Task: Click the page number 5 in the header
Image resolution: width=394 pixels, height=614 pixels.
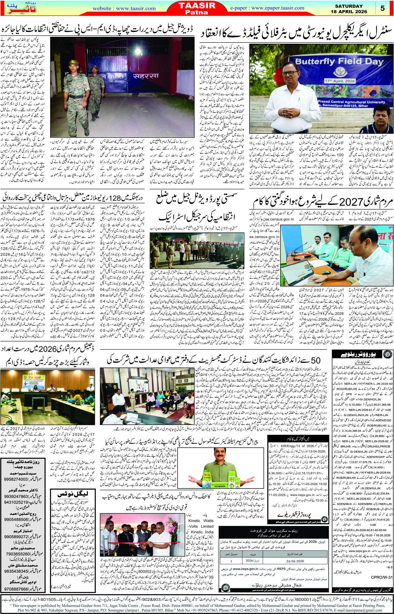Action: pos(383,8)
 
